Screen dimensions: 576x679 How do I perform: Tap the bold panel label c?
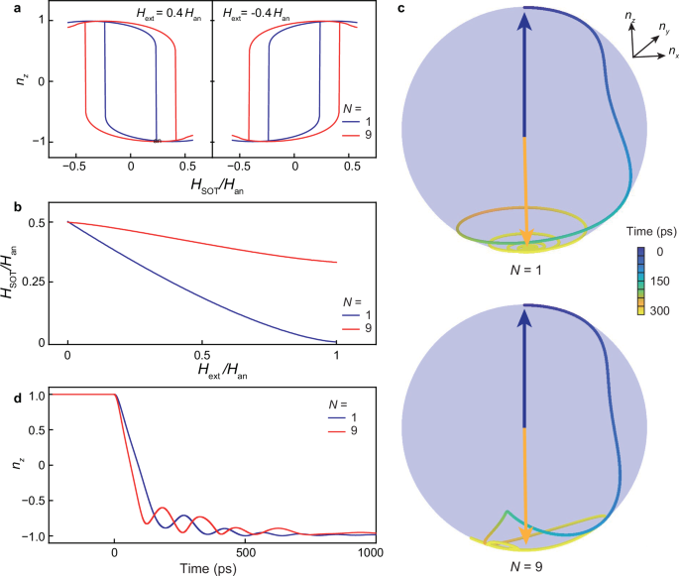click(400, 8)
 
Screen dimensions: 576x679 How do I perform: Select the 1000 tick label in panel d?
click(371, 551)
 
